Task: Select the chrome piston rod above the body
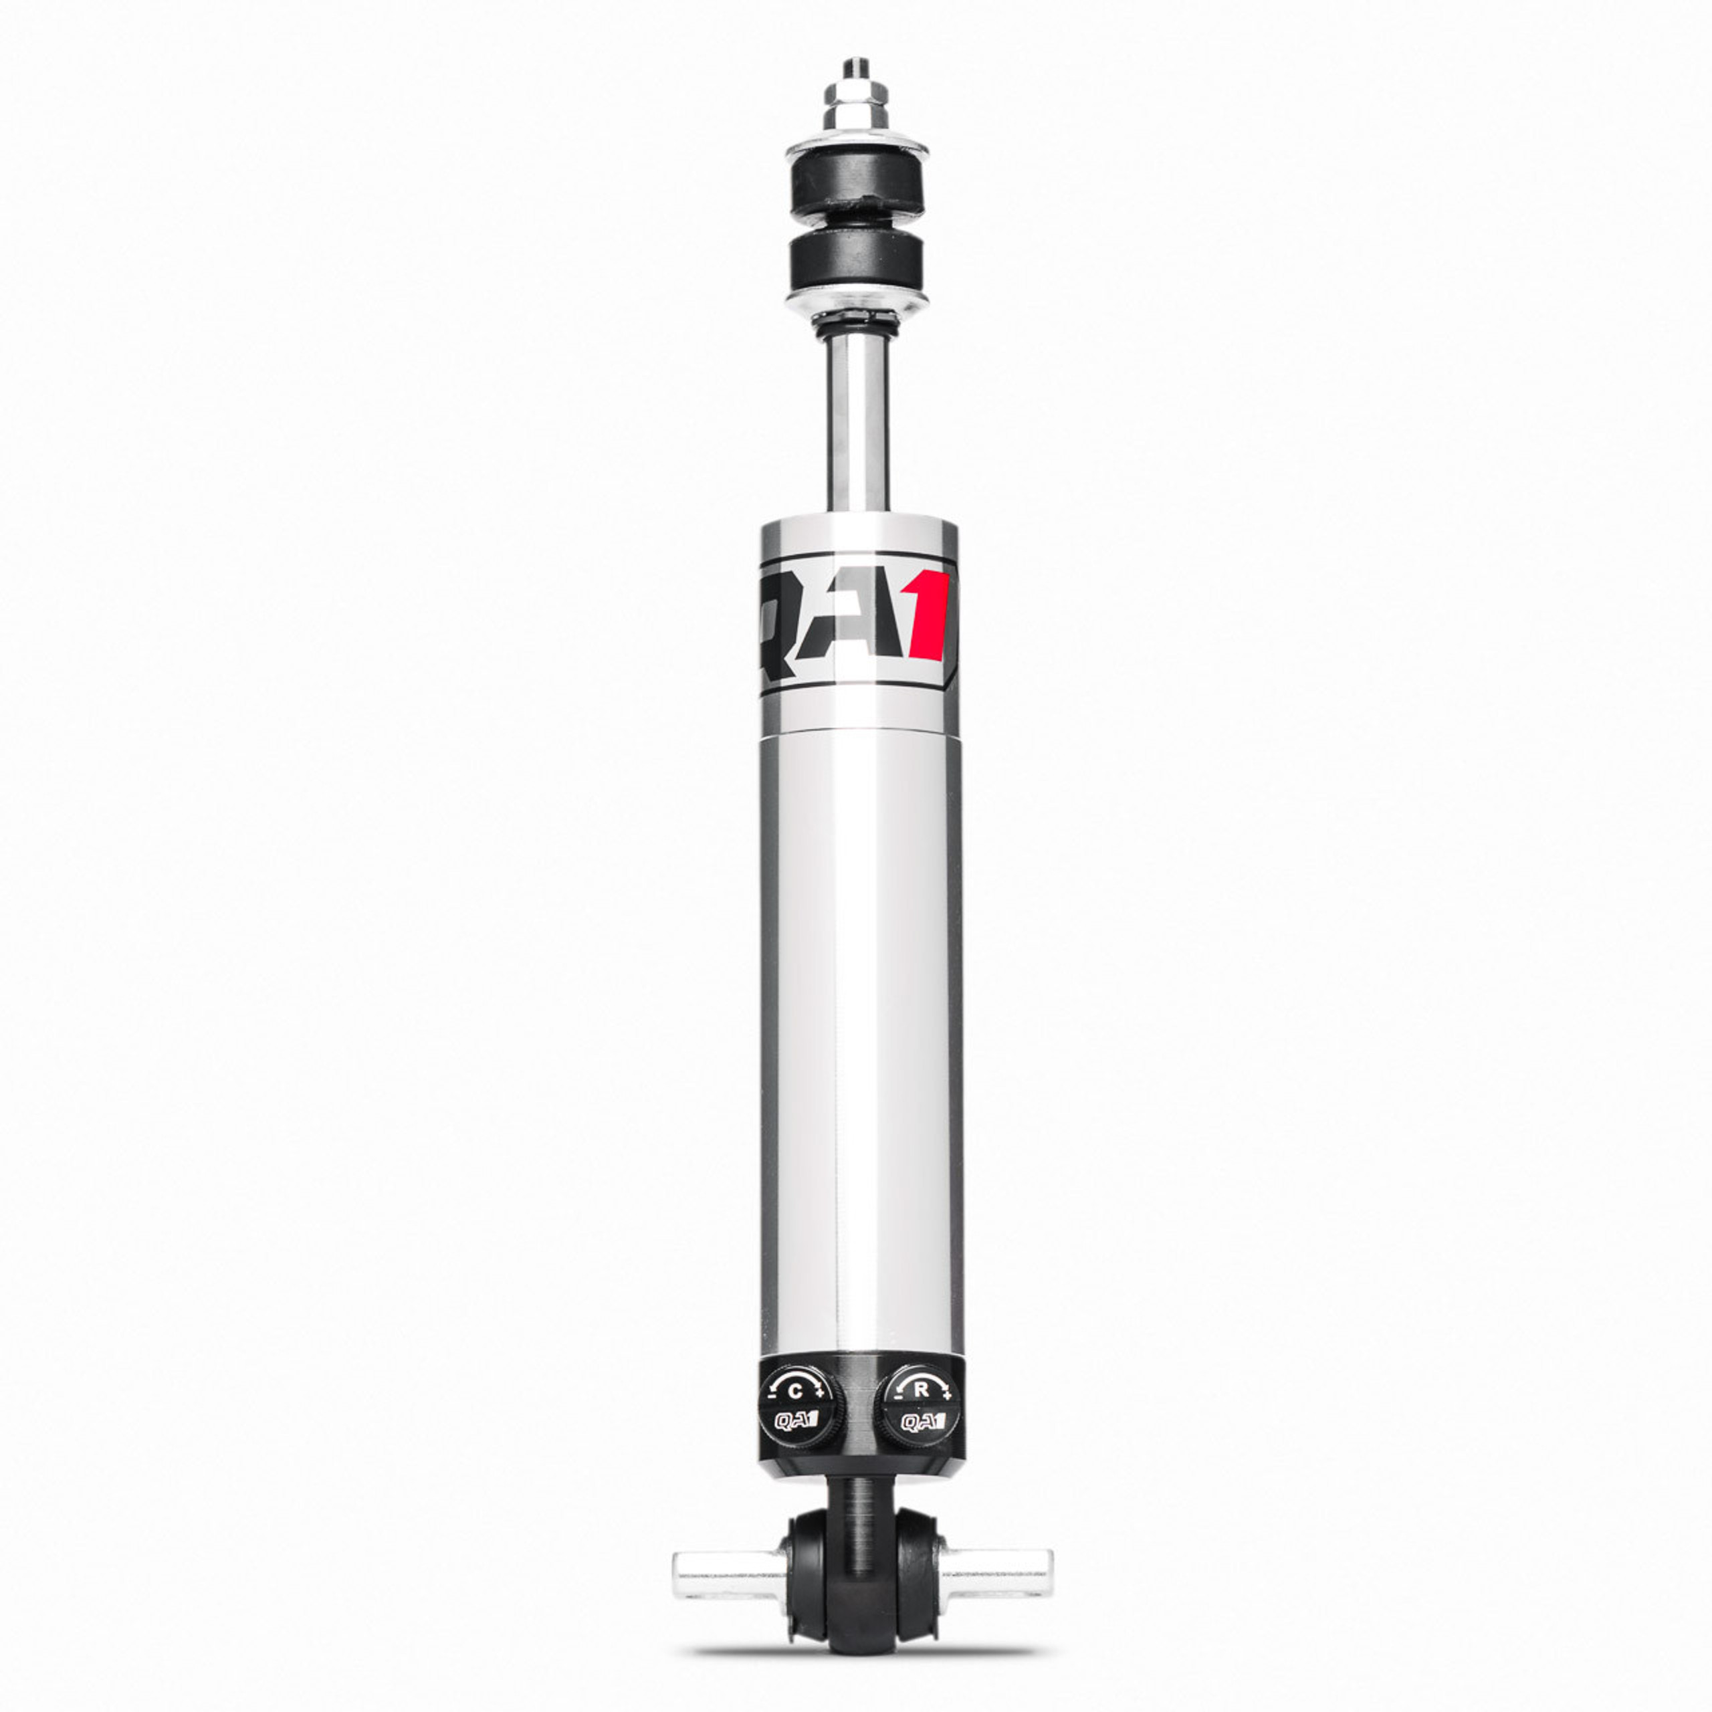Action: (x=855, y=425)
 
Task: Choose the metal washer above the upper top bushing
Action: (x=857, y=147)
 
